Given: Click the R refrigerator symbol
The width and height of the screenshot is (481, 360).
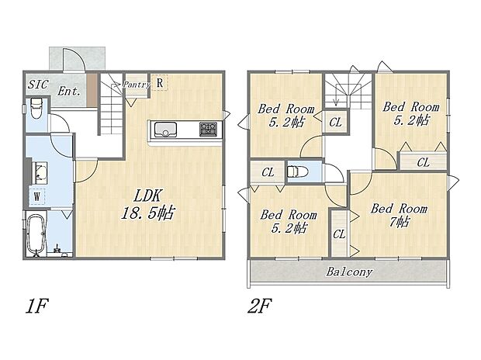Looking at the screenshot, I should pyautogui.click(x=159, y=82).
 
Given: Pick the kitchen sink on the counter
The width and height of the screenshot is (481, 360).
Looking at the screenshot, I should pyautogui.click(x=166, y=128).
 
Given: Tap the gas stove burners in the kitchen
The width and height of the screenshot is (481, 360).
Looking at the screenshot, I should pyautogui.click(x=209, y=128).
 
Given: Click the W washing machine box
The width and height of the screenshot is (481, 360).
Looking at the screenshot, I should pyautogui.click(x=36, y=196).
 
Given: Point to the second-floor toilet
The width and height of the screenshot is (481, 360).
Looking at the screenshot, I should pyautogui.click(x=296, y=172).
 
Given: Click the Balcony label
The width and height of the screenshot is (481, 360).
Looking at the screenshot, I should pyautogui.click(x=348, y=272).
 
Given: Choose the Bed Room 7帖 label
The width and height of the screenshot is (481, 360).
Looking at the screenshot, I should pyautogui.click(x=398, y=215).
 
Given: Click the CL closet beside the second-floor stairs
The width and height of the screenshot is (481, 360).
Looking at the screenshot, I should pyautogui.click(x=335, y=122).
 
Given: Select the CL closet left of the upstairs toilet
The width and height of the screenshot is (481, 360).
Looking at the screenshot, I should pyautogui.click(x=267, y=172).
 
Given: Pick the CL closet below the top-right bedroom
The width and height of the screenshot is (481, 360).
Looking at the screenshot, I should pyautogui.click(x=423, y=162).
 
